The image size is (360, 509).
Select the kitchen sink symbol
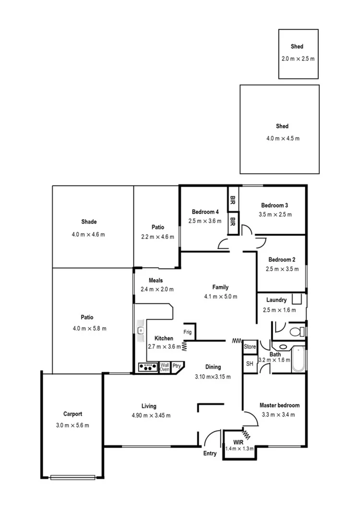141,330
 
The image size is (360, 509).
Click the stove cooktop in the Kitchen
148,367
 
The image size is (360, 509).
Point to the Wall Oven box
165,367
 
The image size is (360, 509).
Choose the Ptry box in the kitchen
177,366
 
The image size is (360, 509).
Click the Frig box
188,331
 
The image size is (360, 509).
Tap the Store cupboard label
250,346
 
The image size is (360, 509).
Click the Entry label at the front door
210,453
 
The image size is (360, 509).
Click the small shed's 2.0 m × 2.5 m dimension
298,59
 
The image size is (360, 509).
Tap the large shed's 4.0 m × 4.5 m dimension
283,138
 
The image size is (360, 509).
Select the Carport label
72,414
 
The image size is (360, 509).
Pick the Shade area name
89,222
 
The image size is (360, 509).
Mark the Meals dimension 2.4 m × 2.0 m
157,289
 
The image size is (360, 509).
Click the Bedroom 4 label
205,212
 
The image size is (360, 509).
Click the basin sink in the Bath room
283,346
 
